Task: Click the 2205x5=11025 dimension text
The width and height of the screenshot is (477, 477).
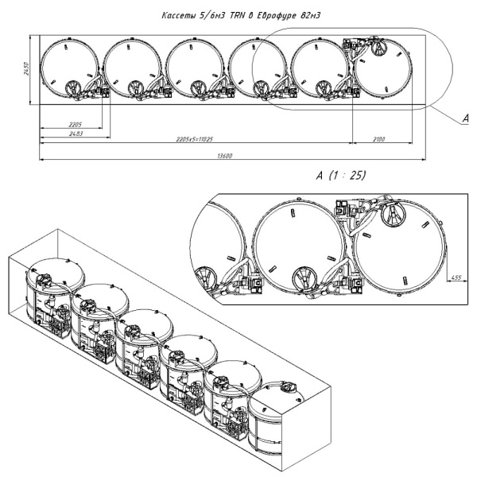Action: tap(193, 139)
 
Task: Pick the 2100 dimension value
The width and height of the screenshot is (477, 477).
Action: tap(378, 139)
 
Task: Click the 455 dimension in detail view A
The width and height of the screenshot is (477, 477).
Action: tap(456, 277)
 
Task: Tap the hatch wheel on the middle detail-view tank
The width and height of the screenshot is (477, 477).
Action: tap(303, 278)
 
